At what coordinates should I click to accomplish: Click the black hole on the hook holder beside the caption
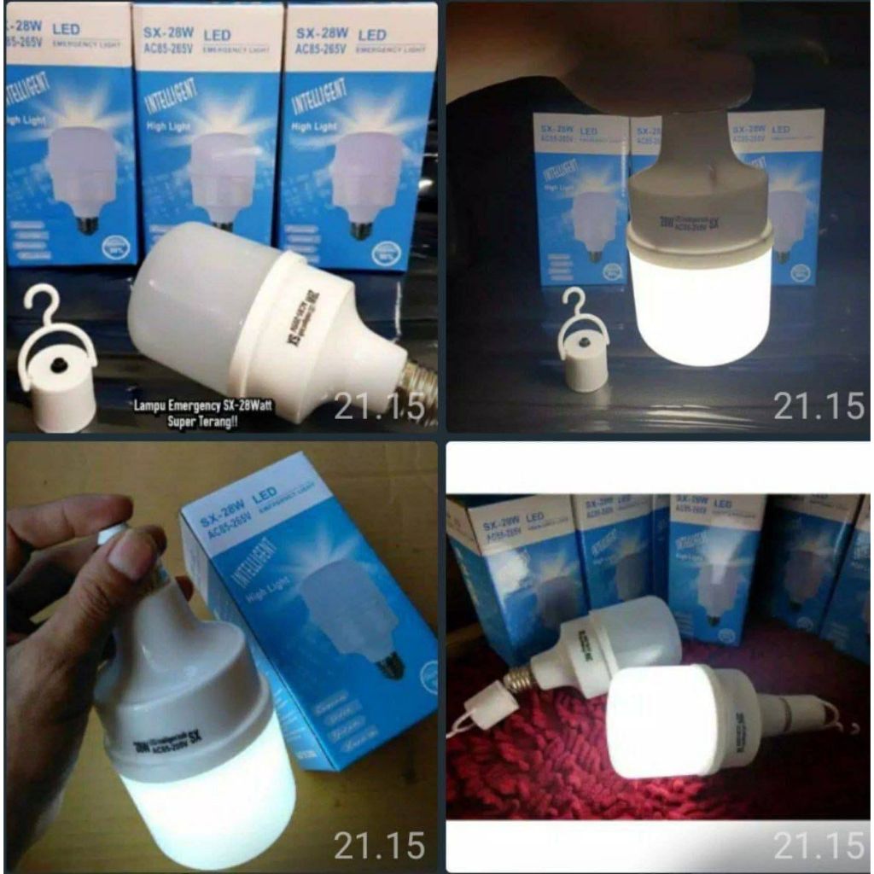click(59, 364)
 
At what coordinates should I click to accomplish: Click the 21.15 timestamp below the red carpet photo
click(818, 845)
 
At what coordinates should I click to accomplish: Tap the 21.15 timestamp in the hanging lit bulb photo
click(818, 407)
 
